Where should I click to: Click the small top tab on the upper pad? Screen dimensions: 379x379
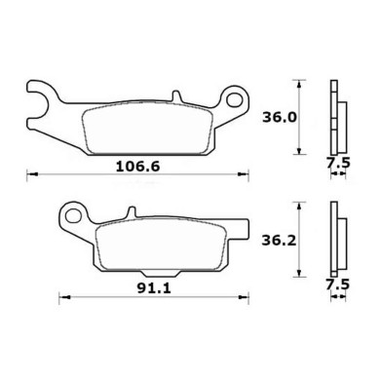point(176,97)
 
